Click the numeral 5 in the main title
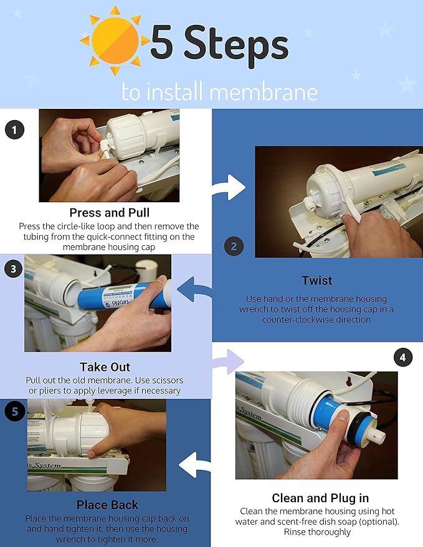[162, 42]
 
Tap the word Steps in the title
[236, 46]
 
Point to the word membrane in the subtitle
[264, 91]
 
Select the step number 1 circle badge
[15, 130]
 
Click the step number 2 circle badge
[234, 246]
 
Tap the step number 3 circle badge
[14, 269]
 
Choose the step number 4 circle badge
[402, 358]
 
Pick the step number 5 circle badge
[14, 411]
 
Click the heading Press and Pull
[109, 212]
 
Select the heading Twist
[317, 281]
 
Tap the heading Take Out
[105, 367]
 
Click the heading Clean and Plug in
[320, 498]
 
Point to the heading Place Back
[107, 505]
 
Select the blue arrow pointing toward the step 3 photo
[193, 289]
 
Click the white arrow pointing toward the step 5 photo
[194, 465]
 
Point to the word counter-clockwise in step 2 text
[316, 319]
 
